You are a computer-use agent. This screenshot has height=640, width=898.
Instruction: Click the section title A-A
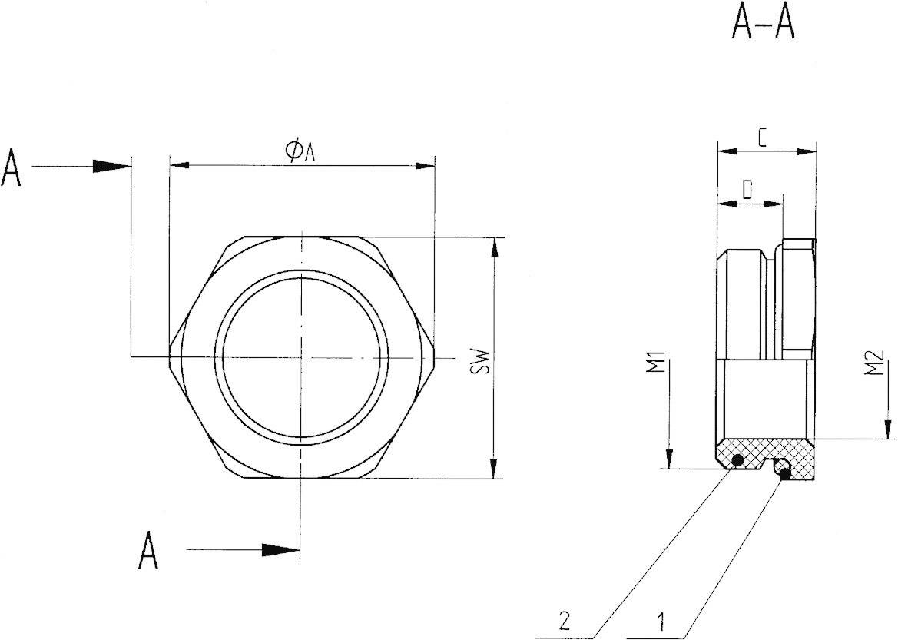763,25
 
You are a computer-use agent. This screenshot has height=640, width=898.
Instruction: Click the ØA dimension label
300,151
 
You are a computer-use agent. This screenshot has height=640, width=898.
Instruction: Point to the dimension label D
747,190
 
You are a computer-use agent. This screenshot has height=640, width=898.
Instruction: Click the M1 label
655,363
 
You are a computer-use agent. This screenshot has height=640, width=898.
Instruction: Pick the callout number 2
565,619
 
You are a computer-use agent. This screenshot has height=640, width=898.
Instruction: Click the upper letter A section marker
12,168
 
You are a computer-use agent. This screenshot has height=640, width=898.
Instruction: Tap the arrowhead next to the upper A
111,166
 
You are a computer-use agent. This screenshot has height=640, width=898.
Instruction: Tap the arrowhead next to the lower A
280,550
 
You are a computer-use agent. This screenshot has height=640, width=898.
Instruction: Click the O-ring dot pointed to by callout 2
737,460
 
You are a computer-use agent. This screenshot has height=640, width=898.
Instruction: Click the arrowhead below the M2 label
888,429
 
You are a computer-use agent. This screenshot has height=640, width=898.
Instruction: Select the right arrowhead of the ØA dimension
424,165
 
